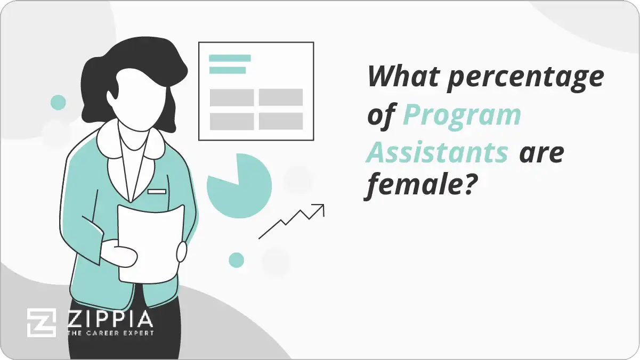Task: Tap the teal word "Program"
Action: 461,116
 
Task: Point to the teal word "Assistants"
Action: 437,153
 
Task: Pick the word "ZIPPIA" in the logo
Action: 110,319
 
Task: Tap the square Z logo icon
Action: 42,323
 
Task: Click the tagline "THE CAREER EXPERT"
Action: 110,333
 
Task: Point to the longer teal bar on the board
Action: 230,58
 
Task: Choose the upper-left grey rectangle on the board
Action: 232,97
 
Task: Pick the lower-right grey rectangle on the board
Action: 281,121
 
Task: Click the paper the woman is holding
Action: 151,242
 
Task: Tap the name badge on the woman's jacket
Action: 157,191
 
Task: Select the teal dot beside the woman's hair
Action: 58,102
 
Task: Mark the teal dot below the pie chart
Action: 236,260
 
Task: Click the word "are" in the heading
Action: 541,153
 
